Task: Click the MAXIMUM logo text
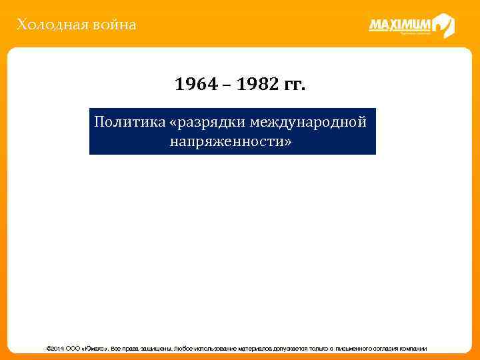tap(401, 25)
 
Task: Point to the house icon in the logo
tap(443, 25)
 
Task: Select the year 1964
tap(194, 85)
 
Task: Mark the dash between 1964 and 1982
tap(225, 85)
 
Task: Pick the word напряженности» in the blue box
tap(231, 141)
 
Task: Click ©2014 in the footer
tap(53, 349)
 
